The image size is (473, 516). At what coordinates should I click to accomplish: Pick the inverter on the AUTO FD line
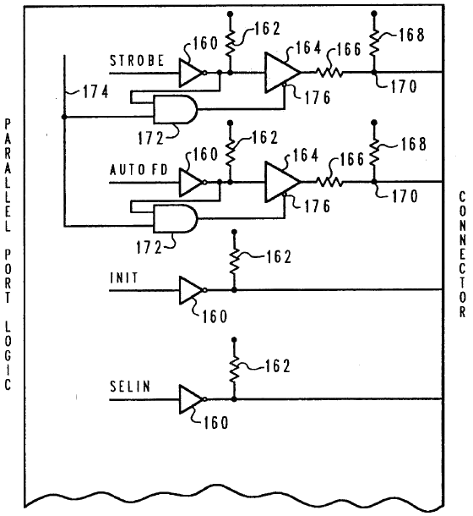point(192,181)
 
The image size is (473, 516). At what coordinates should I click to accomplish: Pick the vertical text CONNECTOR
point(461,254)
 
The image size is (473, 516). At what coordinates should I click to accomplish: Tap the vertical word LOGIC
point(8,360)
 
